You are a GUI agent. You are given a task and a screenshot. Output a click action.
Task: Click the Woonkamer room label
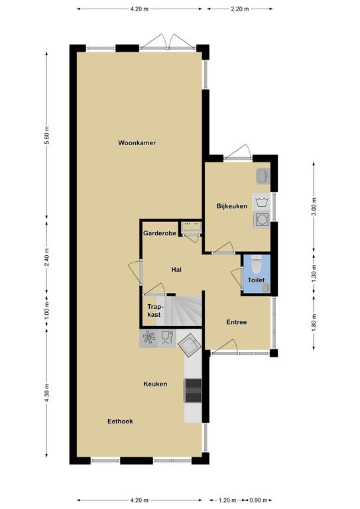[x=137, y=143]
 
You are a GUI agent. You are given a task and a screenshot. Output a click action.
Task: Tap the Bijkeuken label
[x=232, y=206]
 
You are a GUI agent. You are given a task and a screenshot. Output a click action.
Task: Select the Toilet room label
[x=256, y=280]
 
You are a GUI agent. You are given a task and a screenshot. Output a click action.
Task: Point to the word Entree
[x=236, y=322]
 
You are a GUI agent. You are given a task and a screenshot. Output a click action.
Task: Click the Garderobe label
[x=160, y=233]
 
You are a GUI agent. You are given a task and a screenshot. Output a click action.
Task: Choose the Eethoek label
[x=120, y=421]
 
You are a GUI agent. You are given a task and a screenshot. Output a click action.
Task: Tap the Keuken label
[x=155, y=384]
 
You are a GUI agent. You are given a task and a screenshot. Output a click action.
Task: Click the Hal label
[x=176, y=270]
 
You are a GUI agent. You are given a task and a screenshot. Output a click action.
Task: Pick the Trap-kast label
[x=154, y=310]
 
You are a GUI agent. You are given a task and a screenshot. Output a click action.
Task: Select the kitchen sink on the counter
[x=189, y=346]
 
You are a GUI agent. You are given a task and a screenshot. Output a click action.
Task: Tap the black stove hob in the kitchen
[x=193, y=390]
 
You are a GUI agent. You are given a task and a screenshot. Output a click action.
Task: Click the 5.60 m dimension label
[x=46, y=135]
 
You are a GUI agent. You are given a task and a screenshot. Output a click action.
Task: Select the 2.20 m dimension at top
[x=240, y=9]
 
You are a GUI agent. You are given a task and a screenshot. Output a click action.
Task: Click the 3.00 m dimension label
[x=313, y=207]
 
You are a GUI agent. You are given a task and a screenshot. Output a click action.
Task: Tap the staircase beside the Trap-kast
[x=179, y=311]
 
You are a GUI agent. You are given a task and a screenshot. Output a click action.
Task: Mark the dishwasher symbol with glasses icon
[x=166, y=337]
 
